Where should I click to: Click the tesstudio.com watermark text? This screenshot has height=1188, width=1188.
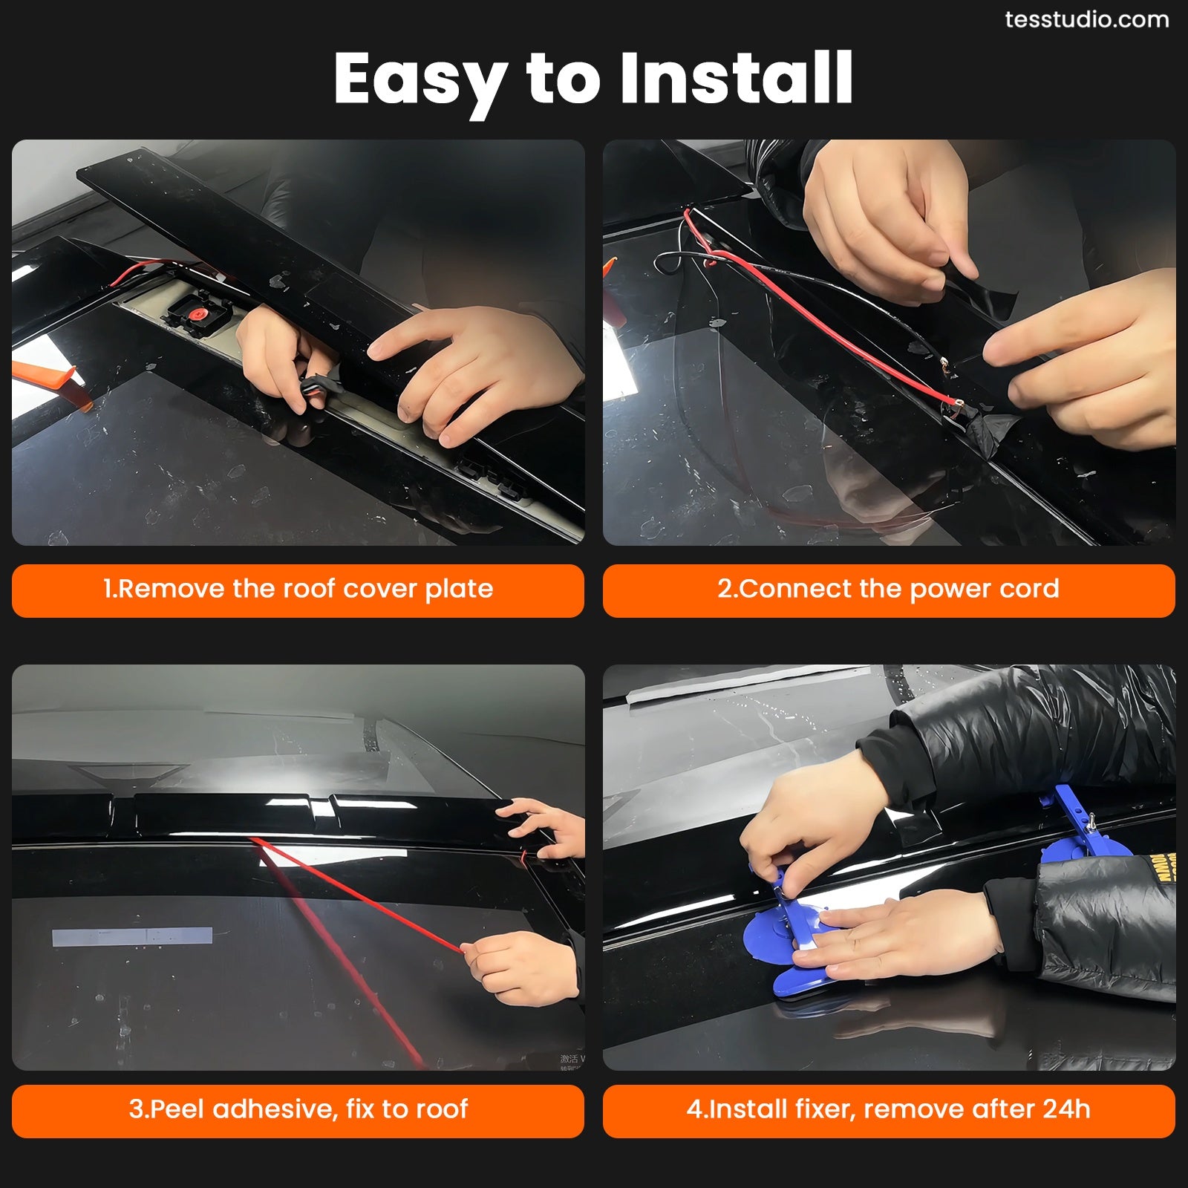click(x=1086, y=20)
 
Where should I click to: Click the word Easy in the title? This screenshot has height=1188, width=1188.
click(x=420, y=79)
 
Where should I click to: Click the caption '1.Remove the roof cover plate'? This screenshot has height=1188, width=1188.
click(x=298, y=590)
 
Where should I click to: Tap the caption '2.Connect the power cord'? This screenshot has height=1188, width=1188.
click(x=888, y=590)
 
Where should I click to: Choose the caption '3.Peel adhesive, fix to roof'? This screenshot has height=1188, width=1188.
click(x=298, y=1109)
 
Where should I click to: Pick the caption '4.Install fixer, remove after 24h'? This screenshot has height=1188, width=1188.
click(x=888, y=1109)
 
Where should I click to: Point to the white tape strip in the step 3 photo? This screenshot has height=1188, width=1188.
click(x=132, y=936)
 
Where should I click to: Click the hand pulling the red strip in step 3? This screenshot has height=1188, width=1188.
click(x=520, y=965)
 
